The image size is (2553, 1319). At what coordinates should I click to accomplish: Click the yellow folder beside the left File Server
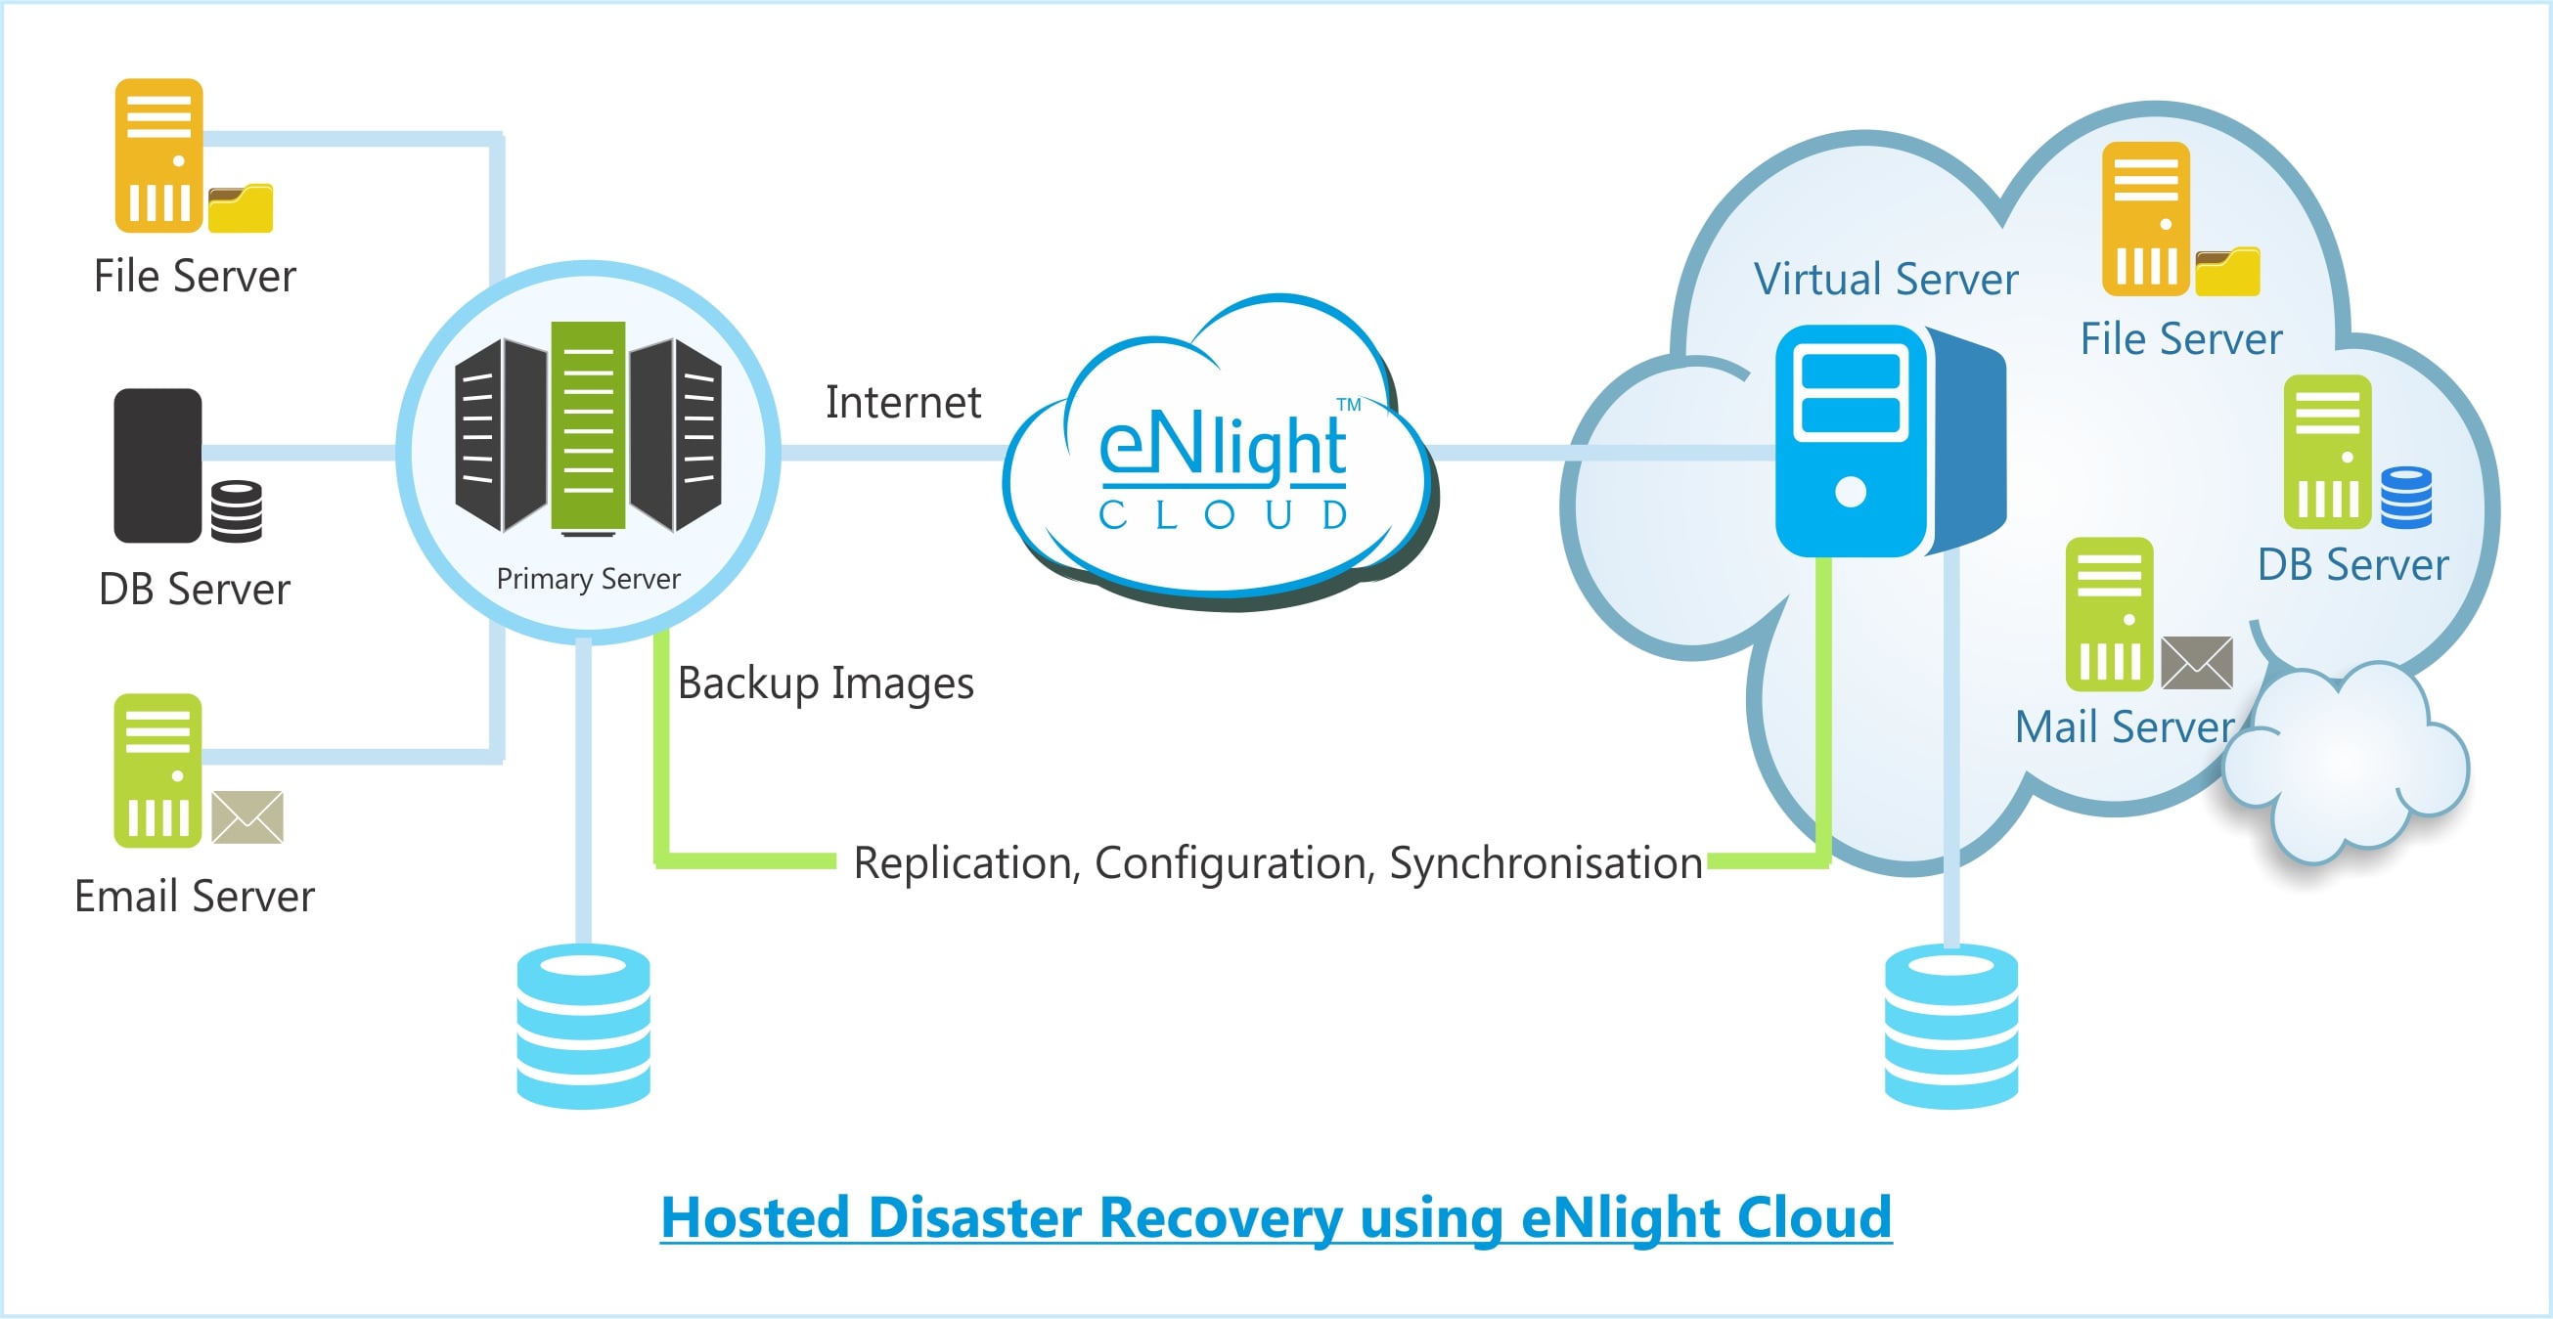click(x=241, y=209)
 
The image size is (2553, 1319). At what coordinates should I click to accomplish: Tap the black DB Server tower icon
click(x=157, y=464)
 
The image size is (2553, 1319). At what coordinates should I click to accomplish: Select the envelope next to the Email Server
click(x=247, y=817)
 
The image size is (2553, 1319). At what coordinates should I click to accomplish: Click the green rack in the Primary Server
click(x=588, y=425)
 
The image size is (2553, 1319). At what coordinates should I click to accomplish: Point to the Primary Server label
click(x=588, y=579)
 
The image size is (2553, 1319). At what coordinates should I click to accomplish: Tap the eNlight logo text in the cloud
click(x=1222, y=448)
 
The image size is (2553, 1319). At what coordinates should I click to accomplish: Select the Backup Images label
click(x=826, y=683)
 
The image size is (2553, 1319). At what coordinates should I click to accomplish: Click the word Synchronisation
click(x=1545, y=863)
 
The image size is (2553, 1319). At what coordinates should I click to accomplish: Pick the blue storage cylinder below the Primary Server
click(x=584, y=1027)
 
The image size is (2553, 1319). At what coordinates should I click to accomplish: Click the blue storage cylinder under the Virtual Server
click(x=1950, y=1027)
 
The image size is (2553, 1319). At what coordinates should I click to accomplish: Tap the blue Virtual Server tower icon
click(x=1852, y=441)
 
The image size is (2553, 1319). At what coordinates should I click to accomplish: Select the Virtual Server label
click(x=1885, y=280)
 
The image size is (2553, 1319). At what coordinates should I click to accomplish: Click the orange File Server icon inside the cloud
click(x=2146, y=219)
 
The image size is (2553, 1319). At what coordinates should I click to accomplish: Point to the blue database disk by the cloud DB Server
click(x=2405, y=498)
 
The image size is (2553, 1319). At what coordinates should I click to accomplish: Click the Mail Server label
click(x=2125, y=728)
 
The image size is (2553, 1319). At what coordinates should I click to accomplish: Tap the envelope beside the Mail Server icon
click(x=2196, y=663)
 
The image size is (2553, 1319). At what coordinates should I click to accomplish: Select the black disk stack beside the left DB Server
click(x=237, y=511)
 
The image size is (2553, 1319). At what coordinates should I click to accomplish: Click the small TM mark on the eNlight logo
click(x=1349, y=405)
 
